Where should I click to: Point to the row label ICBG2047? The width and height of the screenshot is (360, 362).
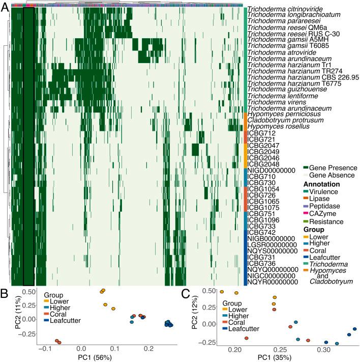tap(262, 146)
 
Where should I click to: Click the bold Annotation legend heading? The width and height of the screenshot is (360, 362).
tap(321, 183)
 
